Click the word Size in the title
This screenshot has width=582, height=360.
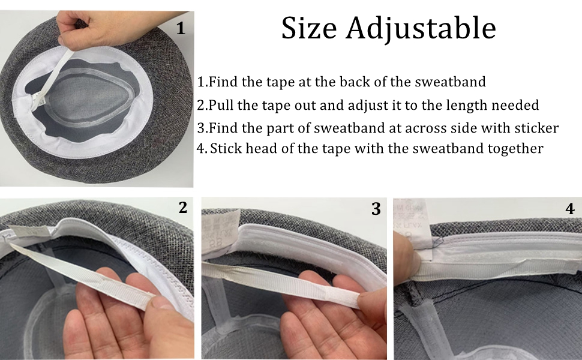(x=309, y=28)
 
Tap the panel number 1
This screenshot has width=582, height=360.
(x=181, y=28)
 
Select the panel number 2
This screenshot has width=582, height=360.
(x=182, y=208)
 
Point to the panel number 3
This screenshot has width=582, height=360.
(x=376, y=209)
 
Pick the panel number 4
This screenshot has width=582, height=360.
(x=570, y=209)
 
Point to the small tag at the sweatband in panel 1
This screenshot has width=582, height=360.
(x=40, y=101)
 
